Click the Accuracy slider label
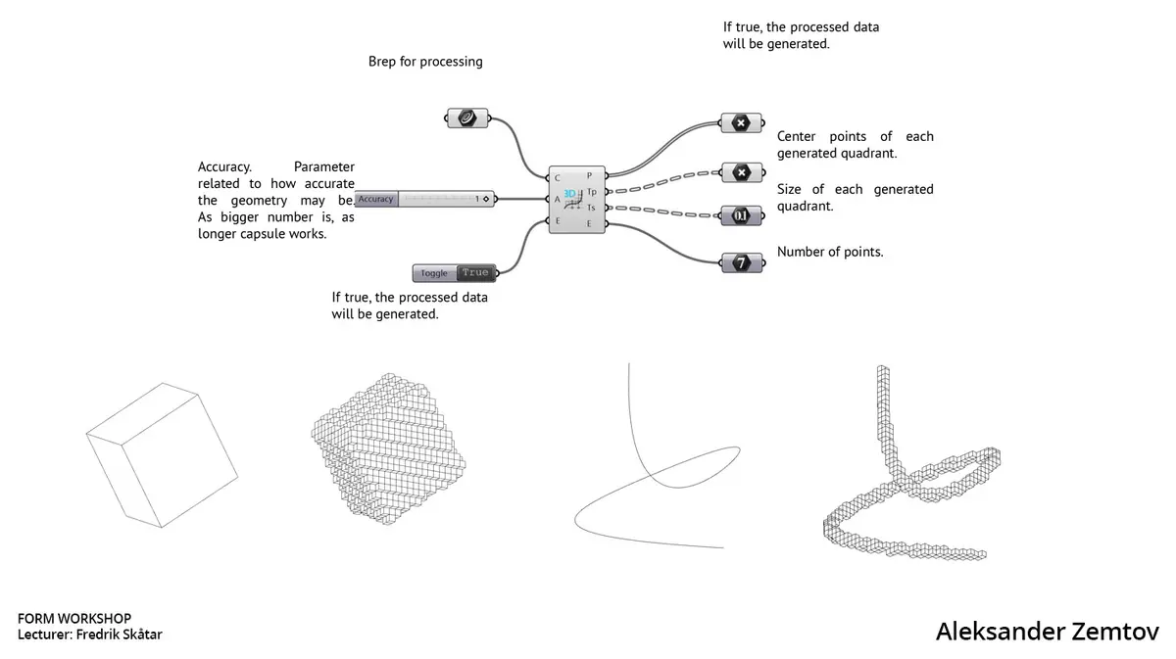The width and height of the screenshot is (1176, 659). click(376, 199)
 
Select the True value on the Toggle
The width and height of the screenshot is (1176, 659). click(475, 272)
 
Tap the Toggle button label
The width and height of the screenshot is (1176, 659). click(434, 273)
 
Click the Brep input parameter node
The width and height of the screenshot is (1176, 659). click(467, 118)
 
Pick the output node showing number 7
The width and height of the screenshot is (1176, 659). click(741, 262)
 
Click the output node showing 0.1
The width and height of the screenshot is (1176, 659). click(741, 215)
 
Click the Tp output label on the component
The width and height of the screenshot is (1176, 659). click(592, 192)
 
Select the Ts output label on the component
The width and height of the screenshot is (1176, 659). click(591, 208)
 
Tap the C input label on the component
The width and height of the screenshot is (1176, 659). click(557, 178)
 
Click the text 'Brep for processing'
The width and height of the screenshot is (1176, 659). click(425, 62)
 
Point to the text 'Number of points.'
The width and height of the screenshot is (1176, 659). click(830, 252)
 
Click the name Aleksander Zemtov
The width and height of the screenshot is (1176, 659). click(1047, 632)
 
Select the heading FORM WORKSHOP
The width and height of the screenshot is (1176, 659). click(74, 618)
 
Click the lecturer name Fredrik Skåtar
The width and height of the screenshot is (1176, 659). click(120, 634)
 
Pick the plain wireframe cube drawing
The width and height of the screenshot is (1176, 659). click(163, 455)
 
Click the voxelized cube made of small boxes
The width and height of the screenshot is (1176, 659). click(388, 448)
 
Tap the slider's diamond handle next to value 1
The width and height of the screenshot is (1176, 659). click(486, 199)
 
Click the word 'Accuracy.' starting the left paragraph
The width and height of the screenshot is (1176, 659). click(224, 166)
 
